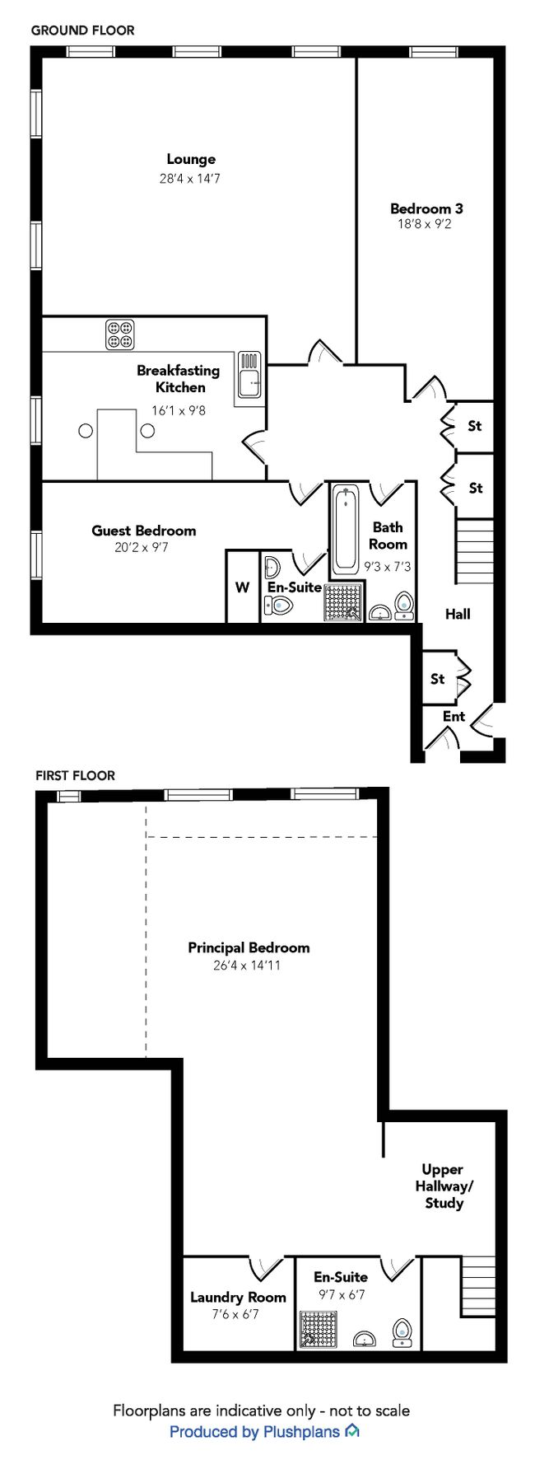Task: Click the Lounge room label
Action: coord(191,159)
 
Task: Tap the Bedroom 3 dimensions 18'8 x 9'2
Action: coord(425,223)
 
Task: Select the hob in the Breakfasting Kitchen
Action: coord(120,334)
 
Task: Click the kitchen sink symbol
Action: coord(249,375)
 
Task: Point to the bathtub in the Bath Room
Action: coord(346,528)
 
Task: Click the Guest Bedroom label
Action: coord(143,531)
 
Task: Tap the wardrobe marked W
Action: coord(242,587)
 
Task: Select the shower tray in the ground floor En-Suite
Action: coord(343,601)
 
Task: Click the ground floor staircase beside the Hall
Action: coord(475,550)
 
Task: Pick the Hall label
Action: coord(458,614)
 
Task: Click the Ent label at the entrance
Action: coord(454,717)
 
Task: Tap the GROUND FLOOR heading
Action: coord(82,30)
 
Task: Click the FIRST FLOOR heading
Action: coord(75,775)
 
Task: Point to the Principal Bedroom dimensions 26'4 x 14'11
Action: coord(247,965)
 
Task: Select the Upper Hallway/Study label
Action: coord(444,1186)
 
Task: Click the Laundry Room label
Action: coord(238,1297)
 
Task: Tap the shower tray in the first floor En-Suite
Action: coord(317,1330)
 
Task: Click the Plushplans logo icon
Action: coord(352,1430)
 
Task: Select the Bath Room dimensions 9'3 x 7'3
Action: coord(388,567)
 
